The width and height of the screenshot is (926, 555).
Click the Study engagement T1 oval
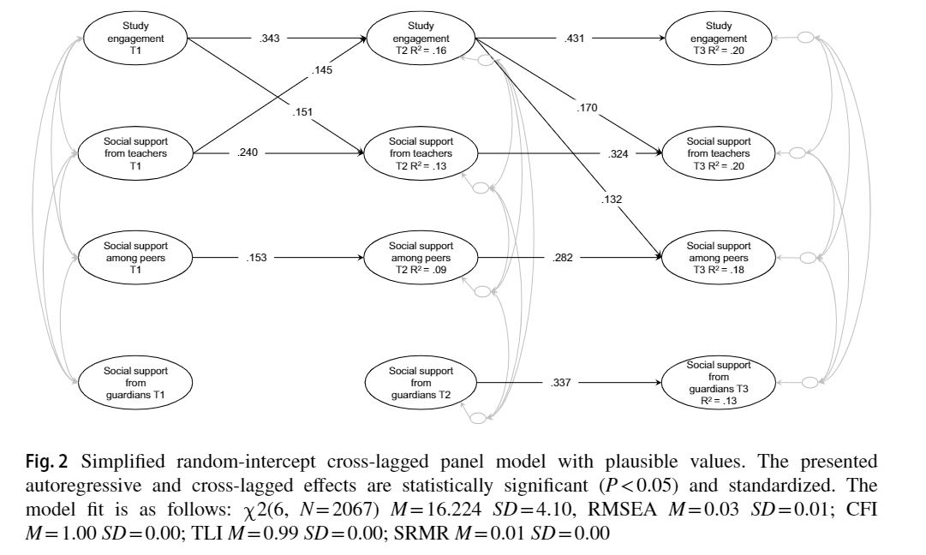135,39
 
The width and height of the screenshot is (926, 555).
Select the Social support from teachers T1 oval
135,153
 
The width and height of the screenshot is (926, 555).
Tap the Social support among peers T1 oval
135,255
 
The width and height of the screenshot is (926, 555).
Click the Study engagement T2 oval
420,39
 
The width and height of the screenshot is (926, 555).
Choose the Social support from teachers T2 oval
420,153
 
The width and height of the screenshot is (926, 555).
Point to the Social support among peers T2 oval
420,255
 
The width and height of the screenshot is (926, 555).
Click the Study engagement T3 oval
718,39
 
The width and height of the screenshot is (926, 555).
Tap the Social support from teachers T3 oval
718,153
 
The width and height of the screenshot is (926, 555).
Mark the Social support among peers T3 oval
718,255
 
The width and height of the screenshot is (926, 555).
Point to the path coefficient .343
269,39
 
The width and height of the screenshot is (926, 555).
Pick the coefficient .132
612,200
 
